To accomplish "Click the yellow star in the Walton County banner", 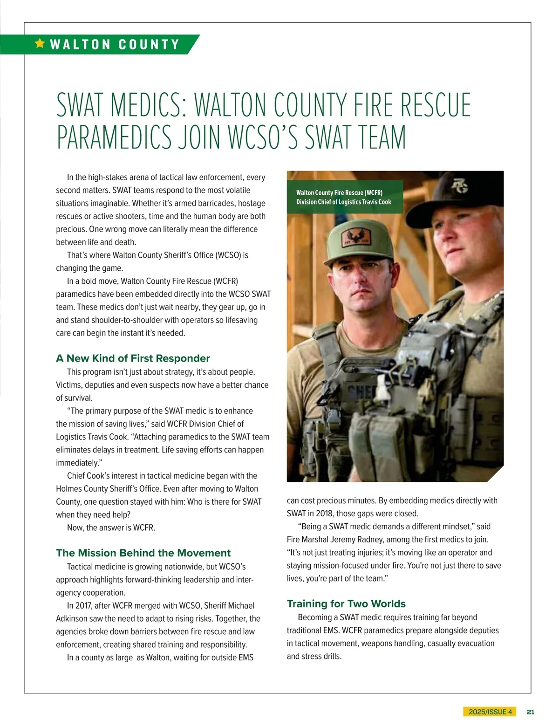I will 40,44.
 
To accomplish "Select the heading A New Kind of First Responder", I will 133,358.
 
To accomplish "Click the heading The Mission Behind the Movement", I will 143,553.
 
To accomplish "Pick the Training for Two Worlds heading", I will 346,604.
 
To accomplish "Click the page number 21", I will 530,712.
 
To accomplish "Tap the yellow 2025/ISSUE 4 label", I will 490,712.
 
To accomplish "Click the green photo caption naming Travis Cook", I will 344,197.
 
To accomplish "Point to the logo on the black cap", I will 460,185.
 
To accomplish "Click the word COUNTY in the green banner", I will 149,45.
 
